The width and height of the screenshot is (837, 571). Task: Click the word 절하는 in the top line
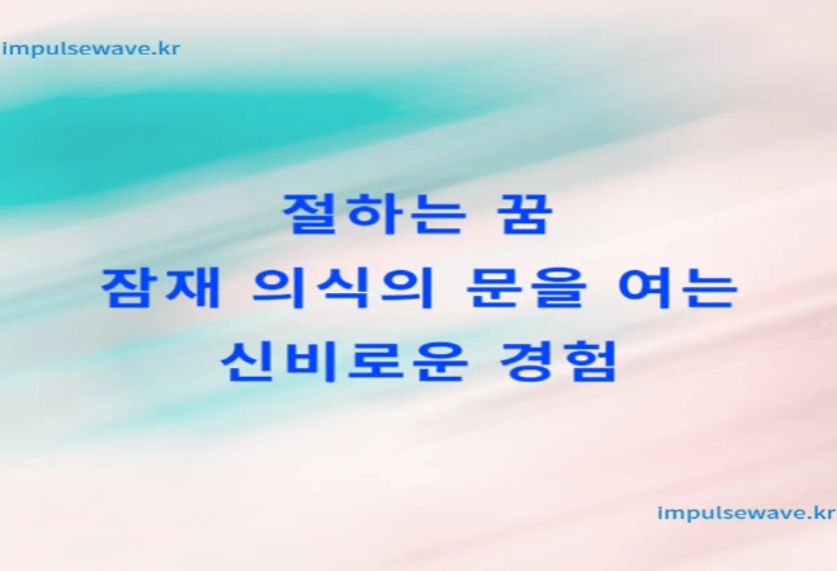375,214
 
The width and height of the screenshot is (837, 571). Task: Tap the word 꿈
525,214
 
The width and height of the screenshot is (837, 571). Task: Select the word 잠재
160,288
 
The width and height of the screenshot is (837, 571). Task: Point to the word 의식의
342,288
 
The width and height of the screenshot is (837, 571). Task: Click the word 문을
526,288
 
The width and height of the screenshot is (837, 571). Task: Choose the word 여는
678,288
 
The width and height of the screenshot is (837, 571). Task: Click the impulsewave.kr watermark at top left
91,50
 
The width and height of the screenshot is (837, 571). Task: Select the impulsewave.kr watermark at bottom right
746,514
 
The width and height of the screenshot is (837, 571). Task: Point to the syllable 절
310,214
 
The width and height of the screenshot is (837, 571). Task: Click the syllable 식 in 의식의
342,288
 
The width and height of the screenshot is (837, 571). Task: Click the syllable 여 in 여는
647,288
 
